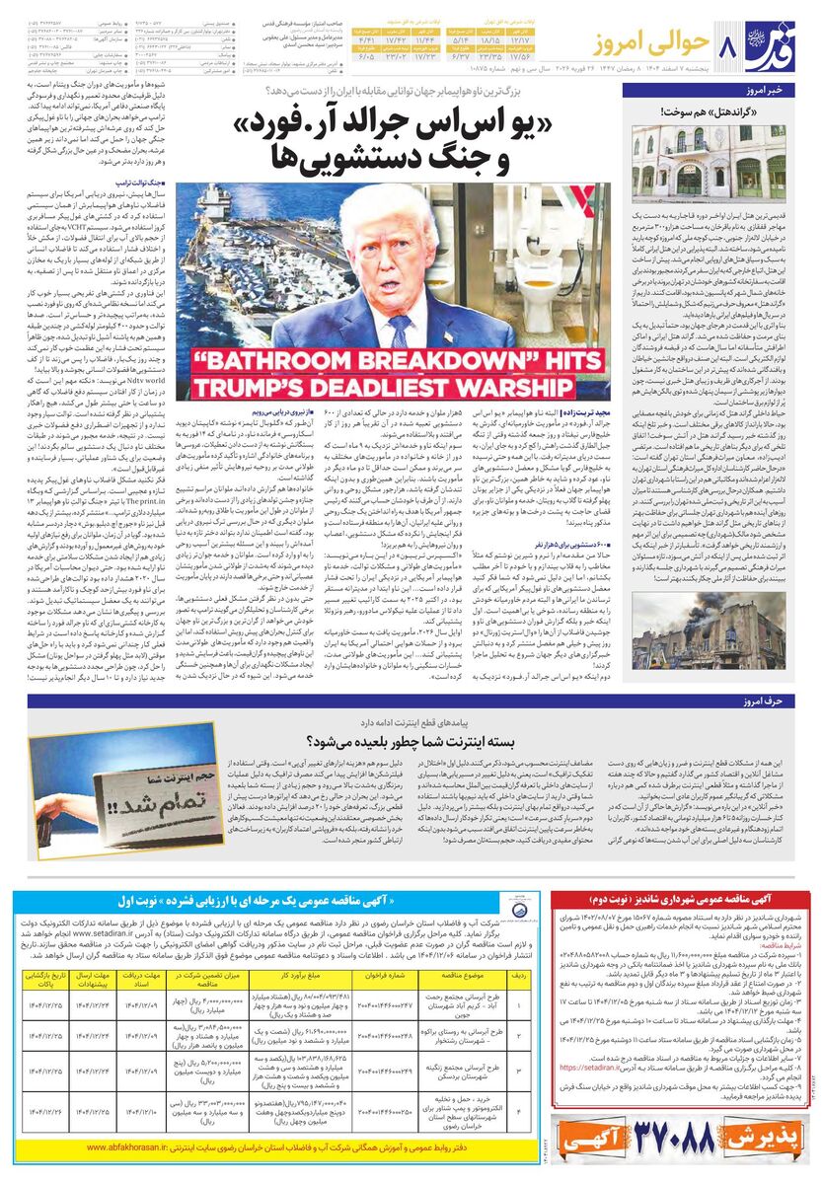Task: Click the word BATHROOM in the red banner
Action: click(x=274, y=354)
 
